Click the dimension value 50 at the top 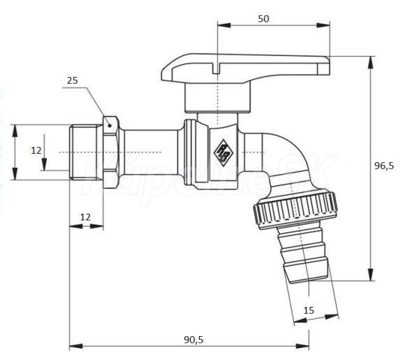[263, 18]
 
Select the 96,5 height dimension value [384, 166]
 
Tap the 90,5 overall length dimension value [193, 339]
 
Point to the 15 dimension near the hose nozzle [309, 310]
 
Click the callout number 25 [73, 80]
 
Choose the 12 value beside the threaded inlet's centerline [36, 150]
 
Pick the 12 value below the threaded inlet [85, 217]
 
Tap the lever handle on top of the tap [244, 69]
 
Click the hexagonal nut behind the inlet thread [112, 152]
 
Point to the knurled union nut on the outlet [297, 208]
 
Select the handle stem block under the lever [218, 98]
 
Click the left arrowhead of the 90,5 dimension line [73, 346]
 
